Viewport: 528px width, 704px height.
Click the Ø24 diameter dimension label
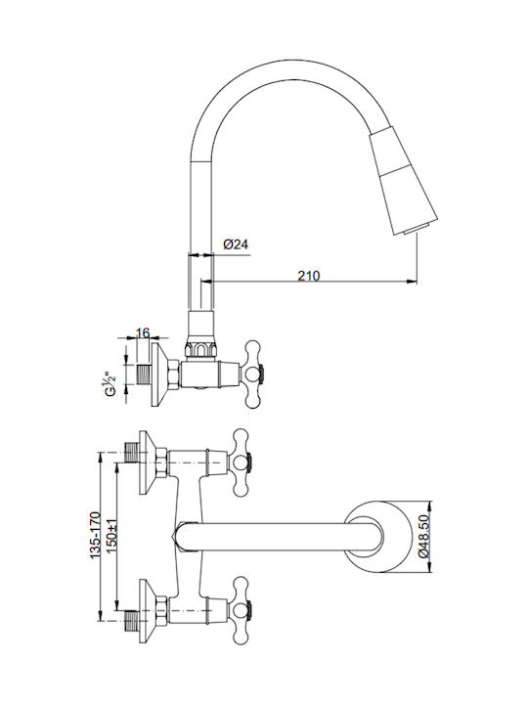tap(236, 244)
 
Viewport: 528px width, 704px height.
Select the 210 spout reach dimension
tap(309, 275)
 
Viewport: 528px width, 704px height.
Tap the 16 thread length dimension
tap(143, 333)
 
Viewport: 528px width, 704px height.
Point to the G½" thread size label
tap(110, 383)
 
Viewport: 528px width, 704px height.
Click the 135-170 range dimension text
tap(95, 535)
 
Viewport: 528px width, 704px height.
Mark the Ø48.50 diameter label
tap(423, 536)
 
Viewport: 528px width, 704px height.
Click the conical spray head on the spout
tap(403, 181)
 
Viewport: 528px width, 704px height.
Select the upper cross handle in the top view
tap(242, 462)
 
